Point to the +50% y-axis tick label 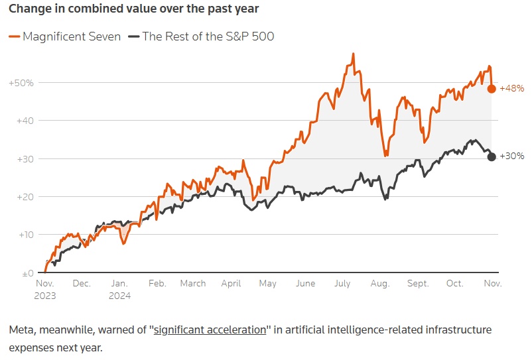point(21,83)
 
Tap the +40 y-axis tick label point(24,121)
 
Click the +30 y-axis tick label point(24,159)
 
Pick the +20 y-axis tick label point(24,197)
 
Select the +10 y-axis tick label point(24,235)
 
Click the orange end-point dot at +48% point(492,89)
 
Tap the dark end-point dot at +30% point(492,156)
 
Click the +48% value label point(511,88)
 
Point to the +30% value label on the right point(511,156)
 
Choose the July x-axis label point(342,284)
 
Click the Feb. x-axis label point(157,284)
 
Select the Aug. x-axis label point(380,284)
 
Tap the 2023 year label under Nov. point(45,296)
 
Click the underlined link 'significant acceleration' point(210,330)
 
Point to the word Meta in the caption point(21,330)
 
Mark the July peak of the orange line point(354,53)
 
